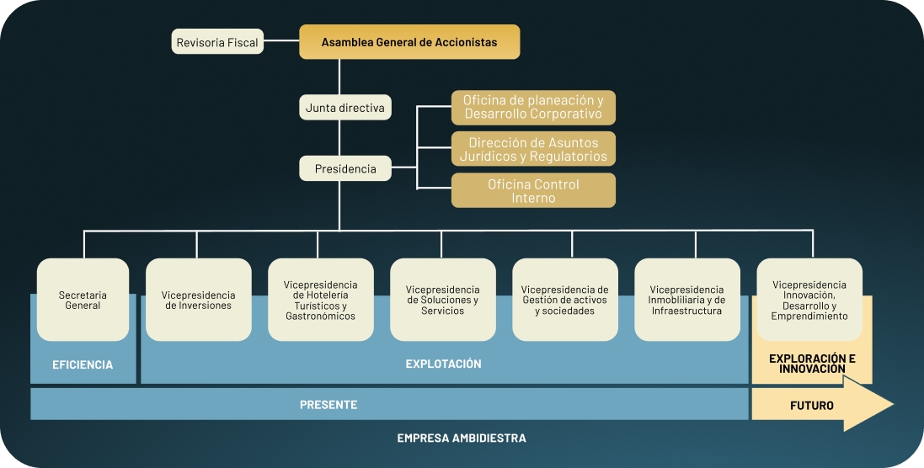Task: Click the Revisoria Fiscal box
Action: (217, 41)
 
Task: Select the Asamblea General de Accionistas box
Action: (409, 42)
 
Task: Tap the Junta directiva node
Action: (345, 108)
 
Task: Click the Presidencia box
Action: (345, 168)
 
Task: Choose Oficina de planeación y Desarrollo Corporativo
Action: (533, 108)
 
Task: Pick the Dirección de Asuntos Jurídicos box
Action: (533, 149)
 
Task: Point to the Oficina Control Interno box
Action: (533, 190)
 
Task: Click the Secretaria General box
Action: (83, 300)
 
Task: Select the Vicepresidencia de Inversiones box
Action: (199, 300)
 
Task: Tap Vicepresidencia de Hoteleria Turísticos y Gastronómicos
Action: (321, 300)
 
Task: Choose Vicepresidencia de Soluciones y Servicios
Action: (443, 300)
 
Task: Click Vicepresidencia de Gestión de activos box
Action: (565, 300)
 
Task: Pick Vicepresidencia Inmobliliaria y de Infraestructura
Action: (687, 300)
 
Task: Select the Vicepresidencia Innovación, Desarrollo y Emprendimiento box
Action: (809, 300)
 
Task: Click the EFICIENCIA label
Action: (83, 364)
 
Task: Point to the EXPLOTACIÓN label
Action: (444, 364)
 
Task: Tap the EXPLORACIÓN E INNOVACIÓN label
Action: (812, 364)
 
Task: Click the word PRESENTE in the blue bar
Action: (328, 405)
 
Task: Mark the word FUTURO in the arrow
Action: (812, 406)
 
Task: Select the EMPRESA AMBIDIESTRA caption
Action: (462, 439)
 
